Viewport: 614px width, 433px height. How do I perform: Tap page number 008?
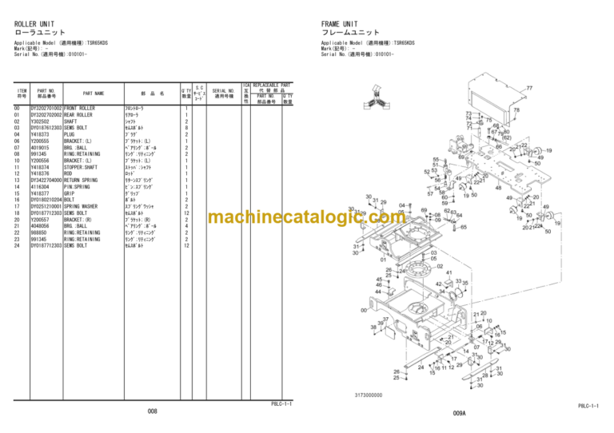click(152, 411)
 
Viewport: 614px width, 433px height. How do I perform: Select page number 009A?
click(459, 412)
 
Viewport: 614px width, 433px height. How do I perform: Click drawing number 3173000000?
click(370, 395)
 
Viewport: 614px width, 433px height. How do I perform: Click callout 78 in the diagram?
click(516, 110)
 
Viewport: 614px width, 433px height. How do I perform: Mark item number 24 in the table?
click(17, 246)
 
